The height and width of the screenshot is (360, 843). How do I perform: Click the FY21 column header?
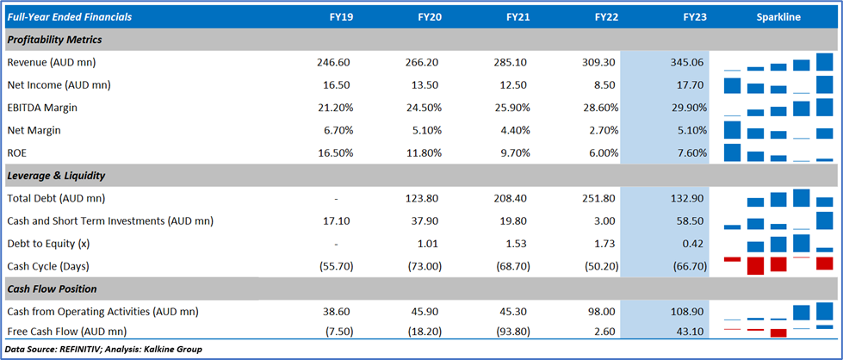point(518,17)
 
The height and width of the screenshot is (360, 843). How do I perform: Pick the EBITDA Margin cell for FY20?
point(424,108)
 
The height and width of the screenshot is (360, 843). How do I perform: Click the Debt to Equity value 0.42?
point(694,243)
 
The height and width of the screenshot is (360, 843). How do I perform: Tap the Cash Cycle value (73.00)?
point(424,265)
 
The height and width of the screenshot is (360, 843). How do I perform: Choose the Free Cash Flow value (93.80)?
point(512,332)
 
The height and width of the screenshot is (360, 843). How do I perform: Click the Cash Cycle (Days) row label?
point(47,265)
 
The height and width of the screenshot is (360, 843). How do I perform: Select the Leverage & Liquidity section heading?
point(55,175)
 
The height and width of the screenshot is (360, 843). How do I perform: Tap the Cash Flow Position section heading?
point(52,288)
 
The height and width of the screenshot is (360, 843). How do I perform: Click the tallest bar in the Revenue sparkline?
point(824,61)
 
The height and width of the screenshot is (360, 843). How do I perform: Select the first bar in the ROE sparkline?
point(733,152)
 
